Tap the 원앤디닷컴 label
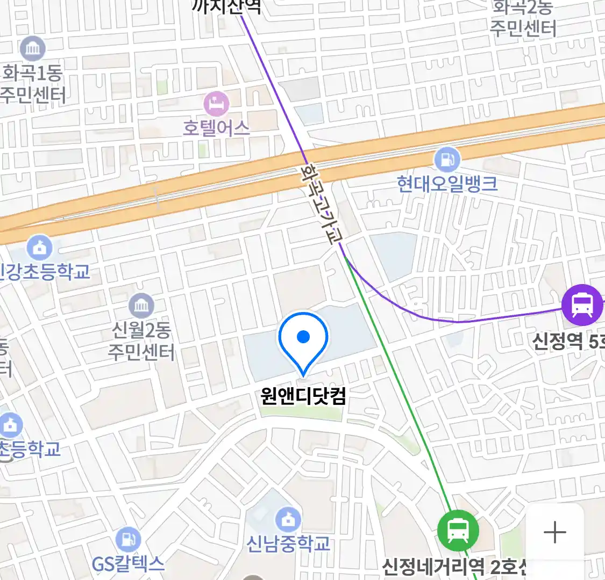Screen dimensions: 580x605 pos(303,396)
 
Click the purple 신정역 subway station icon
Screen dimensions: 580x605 pos(581,305)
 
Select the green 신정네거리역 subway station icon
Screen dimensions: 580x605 pos(457,530)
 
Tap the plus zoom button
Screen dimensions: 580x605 pos(554,532)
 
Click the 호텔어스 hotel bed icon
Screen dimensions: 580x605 pos(216,104)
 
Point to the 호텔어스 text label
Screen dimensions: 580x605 pos(216,128)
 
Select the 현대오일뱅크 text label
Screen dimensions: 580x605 pos(447,184)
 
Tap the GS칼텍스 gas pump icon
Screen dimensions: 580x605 pos(128,540)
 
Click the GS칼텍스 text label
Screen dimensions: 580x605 pos(128,564)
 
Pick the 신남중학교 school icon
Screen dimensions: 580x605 pos(288,519)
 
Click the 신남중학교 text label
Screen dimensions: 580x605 pos(288,543)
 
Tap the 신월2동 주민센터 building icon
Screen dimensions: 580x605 pos(141,306)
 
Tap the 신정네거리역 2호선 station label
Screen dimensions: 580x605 pos(454,566)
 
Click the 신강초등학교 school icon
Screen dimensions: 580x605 pos(40,248)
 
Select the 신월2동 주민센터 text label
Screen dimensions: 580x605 pos(141,340)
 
